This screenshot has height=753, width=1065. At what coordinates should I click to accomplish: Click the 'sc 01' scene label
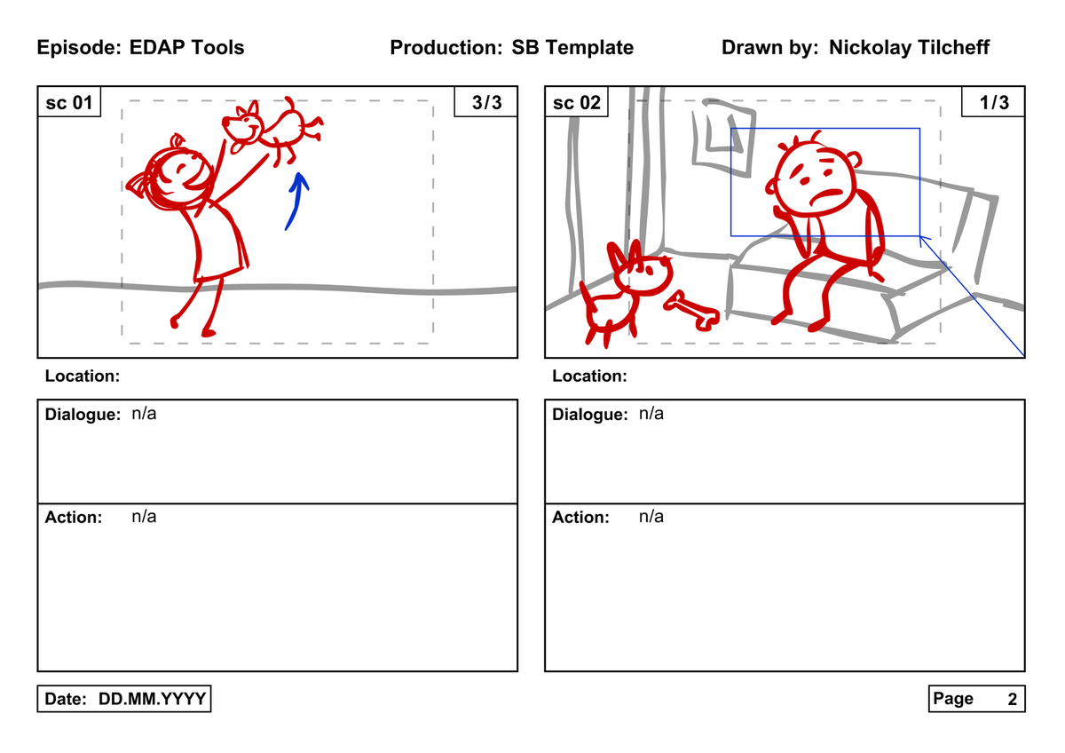(x=69, y=102)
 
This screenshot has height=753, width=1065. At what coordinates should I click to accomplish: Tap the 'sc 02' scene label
(x=576, y=102)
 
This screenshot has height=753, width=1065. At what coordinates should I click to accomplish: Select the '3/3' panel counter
(x=486, y=102)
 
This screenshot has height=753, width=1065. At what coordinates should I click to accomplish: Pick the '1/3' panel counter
(x=994, y=102)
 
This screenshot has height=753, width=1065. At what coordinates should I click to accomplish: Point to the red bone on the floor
(x=691, y=311)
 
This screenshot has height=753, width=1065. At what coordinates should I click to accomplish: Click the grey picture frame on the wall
(x=723, y=137)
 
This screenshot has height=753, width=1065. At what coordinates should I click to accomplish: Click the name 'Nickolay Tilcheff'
(x=909, y=48)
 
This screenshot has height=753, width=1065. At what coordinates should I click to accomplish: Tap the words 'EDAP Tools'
(x=187, y=48)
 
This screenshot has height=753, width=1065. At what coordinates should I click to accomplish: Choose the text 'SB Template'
(x=572, y=48)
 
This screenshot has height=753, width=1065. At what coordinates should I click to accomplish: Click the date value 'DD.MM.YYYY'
(x=152, y=699)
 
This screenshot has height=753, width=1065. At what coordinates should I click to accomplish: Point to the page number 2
(x=1013, y=699)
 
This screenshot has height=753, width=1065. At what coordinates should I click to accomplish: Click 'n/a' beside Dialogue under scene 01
(x=144, y=414)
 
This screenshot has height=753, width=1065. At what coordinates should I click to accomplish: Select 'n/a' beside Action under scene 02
(x=651, y=517)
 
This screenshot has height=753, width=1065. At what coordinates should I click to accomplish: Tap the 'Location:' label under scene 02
(x=589, y=376)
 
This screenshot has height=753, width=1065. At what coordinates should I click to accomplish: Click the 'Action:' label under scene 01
(x=74, y=517)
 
